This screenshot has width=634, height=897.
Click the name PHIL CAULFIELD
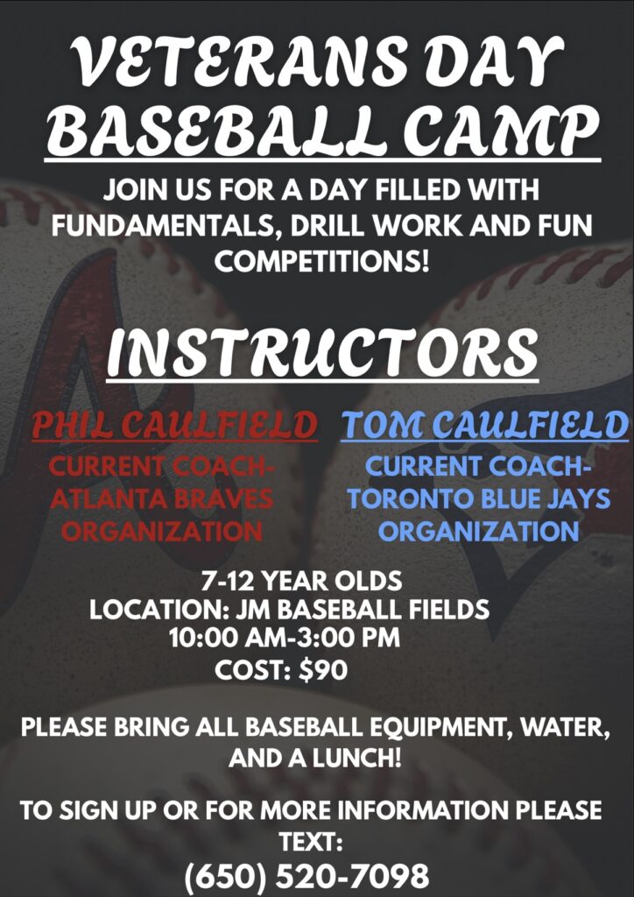174,425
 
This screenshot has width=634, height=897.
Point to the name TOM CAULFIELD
484,425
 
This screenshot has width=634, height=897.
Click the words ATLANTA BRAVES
161,499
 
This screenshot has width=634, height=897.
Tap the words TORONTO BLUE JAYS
479,499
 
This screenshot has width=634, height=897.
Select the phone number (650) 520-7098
306,876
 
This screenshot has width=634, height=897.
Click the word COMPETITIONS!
324,261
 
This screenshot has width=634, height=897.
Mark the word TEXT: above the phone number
310,842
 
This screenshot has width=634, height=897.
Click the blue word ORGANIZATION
479,532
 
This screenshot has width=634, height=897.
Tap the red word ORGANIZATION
162,532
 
